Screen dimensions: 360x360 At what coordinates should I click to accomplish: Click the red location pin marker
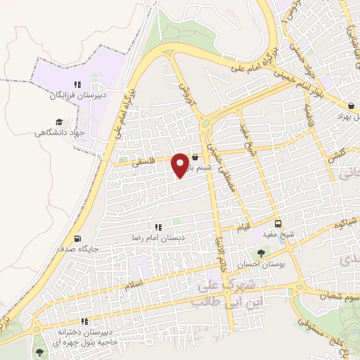coord(181,165)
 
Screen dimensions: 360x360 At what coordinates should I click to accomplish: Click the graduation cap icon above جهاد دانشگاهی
coord(45,120)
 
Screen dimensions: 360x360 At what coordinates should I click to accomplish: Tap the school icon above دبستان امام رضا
coord(158,227)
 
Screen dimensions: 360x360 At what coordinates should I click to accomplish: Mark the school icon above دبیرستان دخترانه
coord(84,321)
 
